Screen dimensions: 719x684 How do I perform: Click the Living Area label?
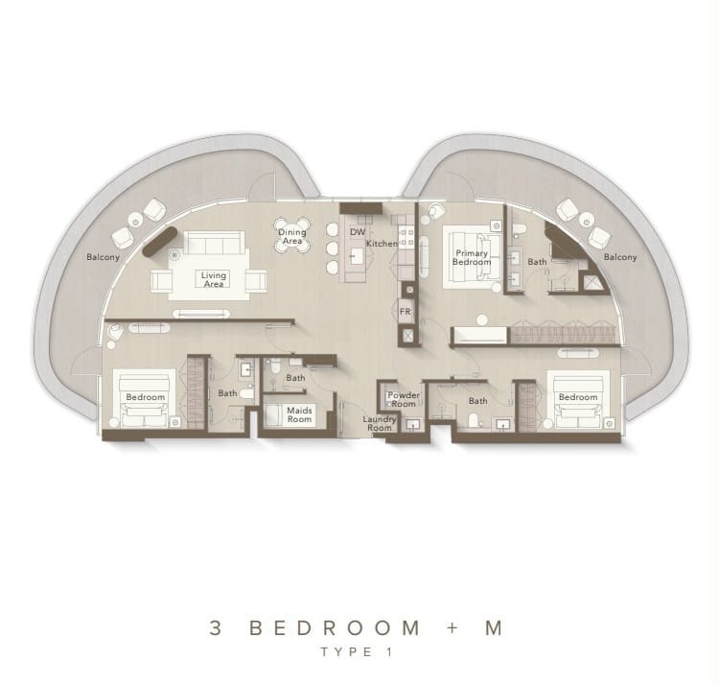[214, 279]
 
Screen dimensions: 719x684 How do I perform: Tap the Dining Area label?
[292, 236]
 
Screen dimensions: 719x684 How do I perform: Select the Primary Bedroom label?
[472, 257]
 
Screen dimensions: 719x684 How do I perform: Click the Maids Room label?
[299, 414]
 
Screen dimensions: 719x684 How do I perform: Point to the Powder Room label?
[404, 400]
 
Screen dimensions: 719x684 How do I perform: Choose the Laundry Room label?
[380, 423]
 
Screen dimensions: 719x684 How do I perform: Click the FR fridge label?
[406, 312]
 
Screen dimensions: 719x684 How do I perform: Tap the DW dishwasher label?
[358, 232]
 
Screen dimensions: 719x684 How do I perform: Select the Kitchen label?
[382, 244]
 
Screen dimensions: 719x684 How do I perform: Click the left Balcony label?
[104, 257]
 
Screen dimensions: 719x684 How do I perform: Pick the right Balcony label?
[620, 257]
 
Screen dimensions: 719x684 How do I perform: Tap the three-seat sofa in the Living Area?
[214, 242]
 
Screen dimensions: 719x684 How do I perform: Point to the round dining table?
[292, 235]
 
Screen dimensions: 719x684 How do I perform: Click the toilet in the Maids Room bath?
[275, 366]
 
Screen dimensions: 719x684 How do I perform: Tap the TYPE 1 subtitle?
[358, 652]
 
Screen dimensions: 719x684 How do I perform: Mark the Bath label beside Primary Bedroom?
[537, 262]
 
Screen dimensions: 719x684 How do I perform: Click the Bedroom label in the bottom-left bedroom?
[146, 397]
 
